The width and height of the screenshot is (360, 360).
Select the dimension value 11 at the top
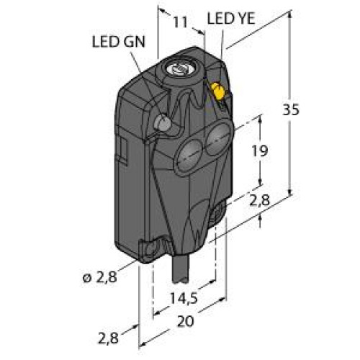[181, 23]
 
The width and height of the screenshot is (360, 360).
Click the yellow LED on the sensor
[216, 92]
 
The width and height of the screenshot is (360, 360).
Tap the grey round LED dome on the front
[165, 123]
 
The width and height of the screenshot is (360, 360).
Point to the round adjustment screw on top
[177, 69]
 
